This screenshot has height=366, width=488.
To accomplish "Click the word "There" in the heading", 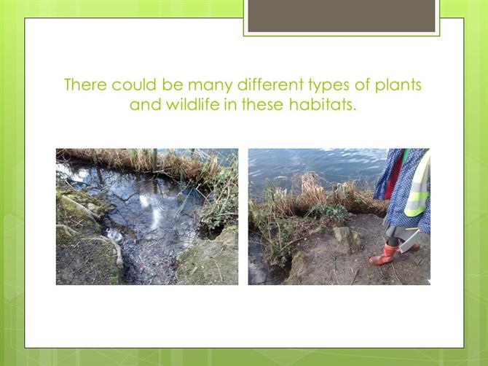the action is click(x=85, y=85).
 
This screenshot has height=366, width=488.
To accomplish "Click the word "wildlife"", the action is click(x=192, y=104).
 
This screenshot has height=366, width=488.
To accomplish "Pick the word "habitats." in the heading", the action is click(x=322, y=104).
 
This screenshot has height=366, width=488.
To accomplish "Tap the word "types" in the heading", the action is click(x=328, y=86).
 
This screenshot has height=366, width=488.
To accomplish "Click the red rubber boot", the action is click(x=383, y=254).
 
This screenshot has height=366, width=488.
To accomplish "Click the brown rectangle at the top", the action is click(x=342, y=16).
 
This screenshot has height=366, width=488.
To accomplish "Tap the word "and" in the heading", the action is click(x=146, y=104).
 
